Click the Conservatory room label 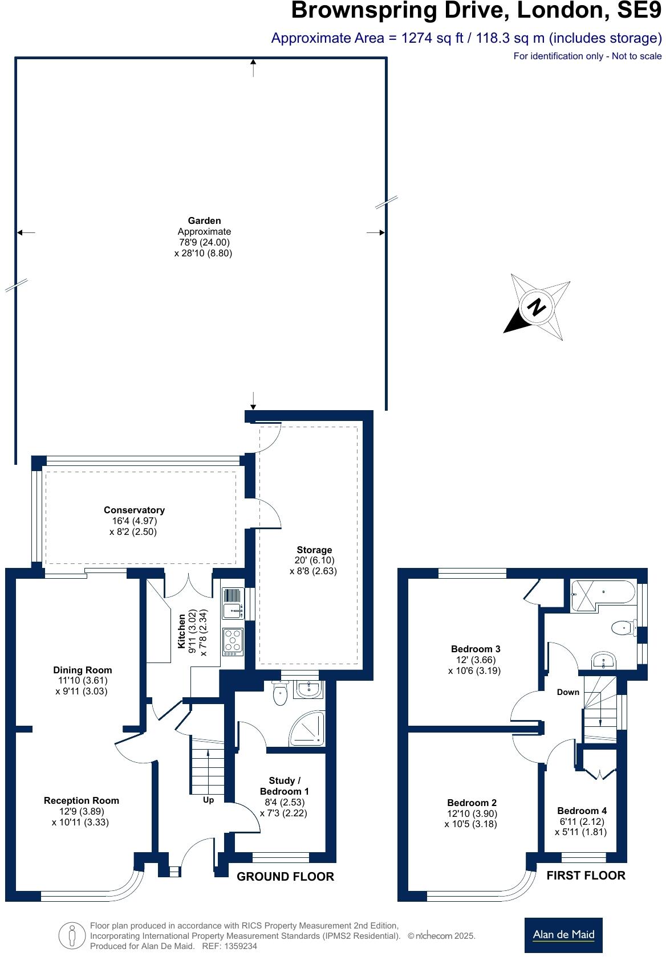click(134, 510)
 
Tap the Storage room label click(314, 550)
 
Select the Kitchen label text click(182, 631)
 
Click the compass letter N click(537, 307)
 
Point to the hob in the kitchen click(233, 640)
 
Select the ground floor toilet click(279, 694)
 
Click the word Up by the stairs click(209, 800)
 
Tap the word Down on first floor click(568, 692)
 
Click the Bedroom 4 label click(582, 810)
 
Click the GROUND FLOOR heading click(285, 877)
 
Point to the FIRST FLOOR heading click(586, 875)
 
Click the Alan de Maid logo click(563, 934)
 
